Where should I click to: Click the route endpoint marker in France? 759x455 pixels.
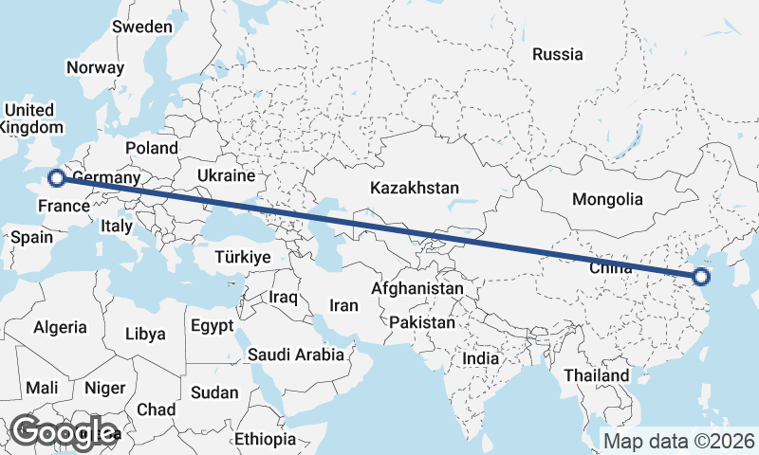click(57, 177)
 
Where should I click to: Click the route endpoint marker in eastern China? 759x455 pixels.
click(701, 277)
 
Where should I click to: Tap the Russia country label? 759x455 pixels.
click(557, 54)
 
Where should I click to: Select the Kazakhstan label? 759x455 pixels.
click(416, 187)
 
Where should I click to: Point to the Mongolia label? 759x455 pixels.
click(607, 199)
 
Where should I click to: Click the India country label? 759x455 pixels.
click(480, 359)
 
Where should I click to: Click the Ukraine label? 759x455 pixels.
click(227, 175)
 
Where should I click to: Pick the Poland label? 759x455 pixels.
click(151, 148)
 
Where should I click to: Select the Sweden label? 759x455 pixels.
click(142, 27)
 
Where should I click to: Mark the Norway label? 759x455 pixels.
click(95, 67)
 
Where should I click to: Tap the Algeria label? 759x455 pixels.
click(61, 327)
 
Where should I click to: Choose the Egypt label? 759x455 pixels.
click(212, 326)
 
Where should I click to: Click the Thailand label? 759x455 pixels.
click(596, 375)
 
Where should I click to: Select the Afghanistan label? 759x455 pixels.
click(418, 288)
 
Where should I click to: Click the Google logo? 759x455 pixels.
click(65, 432)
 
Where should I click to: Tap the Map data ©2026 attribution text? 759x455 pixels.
click(679, 441)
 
